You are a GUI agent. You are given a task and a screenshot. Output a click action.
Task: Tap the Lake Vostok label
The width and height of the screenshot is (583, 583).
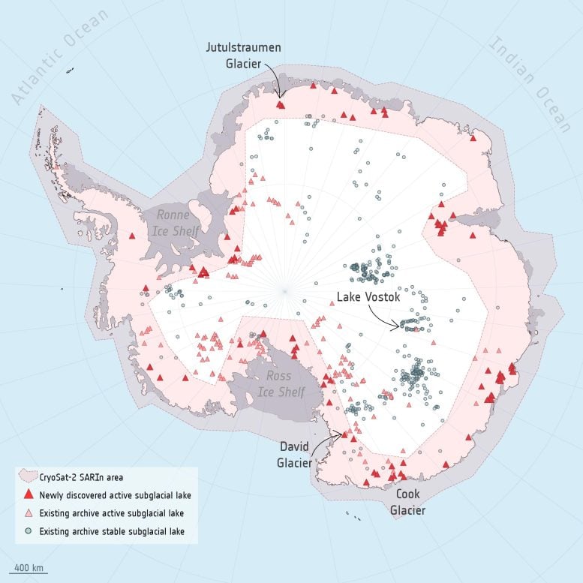(368, 297)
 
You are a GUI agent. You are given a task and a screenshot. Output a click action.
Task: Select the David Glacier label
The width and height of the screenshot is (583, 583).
(295, 455)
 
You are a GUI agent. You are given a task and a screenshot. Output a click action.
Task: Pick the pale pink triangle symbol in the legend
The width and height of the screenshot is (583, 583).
(29, 513)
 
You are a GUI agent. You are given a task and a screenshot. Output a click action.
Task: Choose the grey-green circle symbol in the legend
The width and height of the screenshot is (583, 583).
(29, 531)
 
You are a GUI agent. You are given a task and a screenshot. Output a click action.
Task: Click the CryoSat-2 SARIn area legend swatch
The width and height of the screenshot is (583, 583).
(29, 476)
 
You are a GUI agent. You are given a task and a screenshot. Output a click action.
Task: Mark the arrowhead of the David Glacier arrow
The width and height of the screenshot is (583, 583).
(344, 434)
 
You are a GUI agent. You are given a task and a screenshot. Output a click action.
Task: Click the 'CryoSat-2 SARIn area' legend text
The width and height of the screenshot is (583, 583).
(80, 476)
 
